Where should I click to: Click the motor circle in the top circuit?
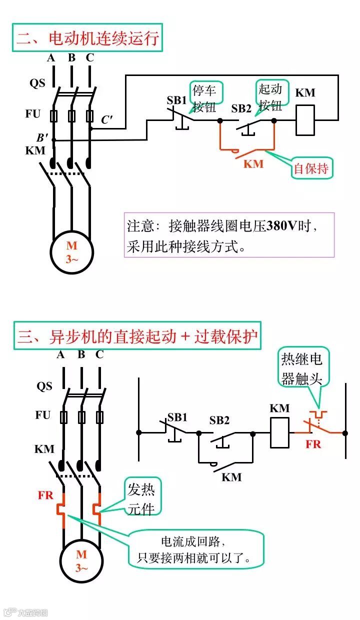click(72, 251)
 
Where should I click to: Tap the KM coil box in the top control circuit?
click(305, 120)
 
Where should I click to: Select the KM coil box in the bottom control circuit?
click(279, 432)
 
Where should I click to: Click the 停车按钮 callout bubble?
click(205, 98)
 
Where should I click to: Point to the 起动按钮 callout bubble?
click(270, 96)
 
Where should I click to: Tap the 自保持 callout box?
click(312, 169)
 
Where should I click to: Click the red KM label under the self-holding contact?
click(253, 164)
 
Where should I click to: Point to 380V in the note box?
click(282, 225)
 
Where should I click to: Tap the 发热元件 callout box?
click(142, 498)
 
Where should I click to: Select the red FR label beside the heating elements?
click(45, 496)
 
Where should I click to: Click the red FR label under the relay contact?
click(313, 444)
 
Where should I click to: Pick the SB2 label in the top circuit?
click(241, 108)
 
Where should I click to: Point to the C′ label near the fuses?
click(107, 119)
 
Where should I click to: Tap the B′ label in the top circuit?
click(42, 137)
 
